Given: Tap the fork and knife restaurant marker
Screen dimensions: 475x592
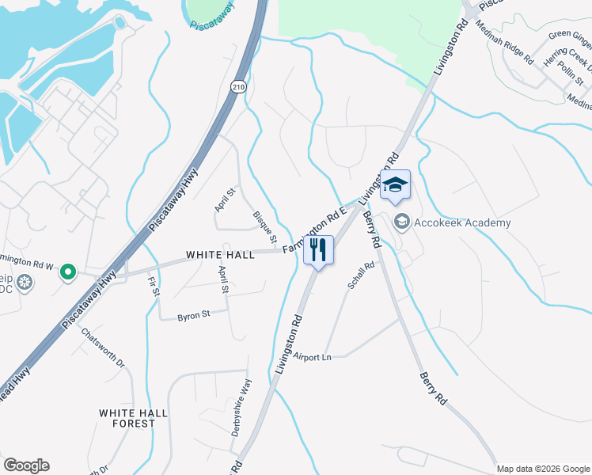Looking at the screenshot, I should click(x=318, y=249).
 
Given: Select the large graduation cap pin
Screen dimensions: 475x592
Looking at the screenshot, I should click(x=396, y=186).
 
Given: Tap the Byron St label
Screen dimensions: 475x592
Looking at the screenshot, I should click(x=193, y=314).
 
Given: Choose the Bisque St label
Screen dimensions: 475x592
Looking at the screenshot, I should click(x=265, y=226).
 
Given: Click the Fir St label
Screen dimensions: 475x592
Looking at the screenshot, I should click(x=153, y=284).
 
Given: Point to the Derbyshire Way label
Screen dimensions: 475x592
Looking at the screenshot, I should click(x=241, y=408).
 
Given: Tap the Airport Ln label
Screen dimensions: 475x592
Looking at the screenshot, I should click(x=311, y=357).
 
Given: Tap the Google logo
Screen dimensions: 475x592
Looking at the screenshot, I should click(x=26, y=465).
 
